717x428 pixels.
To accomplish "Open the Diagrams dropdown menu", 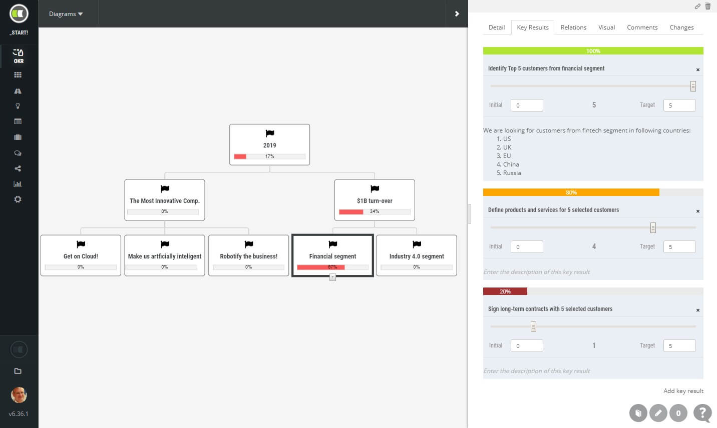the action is (66, 13).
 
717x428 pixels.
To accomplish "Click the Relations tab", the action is (573, 27).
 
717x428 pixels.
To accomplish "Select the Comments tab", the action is (642, 27).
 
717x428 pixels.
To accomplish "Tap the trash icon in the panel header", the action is (707, 6).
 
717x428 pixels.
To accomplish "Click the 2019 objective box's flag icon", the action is (269, 133).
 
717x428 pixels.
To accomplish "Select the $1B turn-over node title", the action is (375, 200).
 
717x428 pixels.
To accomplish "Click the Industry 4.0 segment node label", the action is (417, 256).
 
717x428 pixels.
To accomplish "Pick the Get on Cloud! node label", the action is (81, 256).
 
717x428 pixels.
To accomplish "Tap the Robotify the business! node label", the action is (248, 256).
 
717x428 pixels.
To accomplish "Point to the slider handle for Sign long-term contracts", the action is (533, 326).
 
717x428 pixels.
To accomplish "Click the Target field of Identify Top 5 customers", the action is (679, 105).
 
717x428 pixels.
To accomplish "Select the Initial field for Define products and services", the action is (527, 247).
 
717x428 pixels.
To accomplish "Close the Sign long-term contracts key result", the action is (698, 310).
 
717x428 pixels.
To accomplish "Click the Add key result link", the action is (683, 391).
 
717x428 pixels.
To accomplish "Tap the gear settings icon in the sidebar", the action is (18, 199).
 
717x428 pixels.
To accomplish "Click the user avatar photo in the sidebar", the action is (19, 395).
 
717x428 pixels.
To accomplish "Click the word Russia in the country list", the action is (512, 173).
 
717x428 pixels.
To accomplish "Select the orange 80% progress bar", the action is (571, 192).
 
